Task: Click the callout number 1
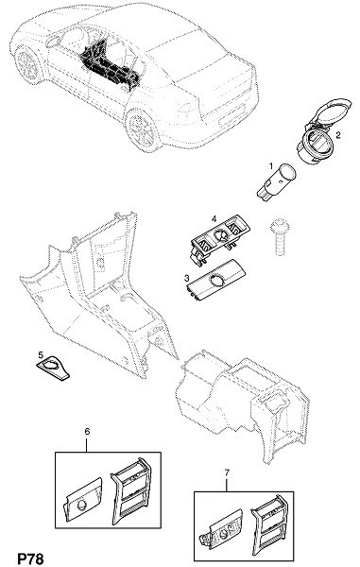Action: click(x=271, y=166)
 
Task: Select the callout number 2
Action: click(x=338, y=135)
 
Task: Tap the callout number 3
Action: click(x=187, y=278)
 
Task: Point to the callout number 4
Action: click(x=214, y=219)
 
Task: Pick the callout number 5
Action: click(x=41, y=354)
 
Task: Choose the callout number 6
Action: click(x=87, y=432)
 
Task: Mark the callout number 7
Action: click(x=227, y=472)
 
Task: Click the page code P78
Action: click(x=30, y=558)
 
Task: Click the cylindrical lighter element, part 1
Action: click(x=276, y=180)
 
